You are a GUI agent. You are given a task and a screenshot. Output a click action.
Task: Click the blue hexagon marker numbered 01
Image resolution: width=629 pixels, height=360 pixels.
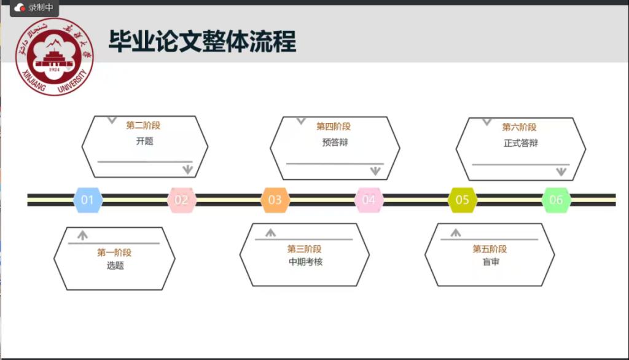(87, 200)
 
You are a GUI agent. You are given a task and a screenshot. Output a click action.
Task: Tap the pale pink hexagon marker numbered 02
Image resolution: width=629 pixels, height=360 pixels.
(181, 200)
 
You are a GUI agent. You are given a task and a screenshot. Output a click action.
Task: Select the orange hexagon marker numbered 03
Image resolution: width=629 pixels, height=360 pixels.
(275, 200)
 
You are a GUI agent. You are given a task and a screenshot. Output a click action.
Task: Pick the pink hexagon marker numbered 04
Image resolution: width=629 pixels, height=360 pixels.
(369, 200)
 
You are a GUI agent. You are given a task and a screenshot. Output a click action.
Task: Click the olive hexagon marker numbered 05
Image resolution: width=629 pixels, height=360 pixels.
(462, 200)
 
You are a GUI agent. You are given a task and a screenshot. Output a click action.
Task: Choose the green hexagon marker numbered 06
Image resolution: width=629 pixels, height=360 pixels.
(556, 200)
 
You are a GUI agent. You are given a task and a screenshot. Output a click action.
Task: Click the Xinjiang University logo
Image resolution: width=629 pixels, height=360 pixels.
(55, 57)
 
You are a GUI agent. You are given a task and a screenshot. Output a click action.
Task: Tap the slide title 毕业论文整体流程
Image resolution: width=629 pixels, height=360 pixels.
(203, 41)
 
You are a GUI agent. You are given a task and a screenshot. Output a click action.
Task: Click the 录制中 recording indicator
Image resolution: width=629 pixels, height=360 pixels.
(34, 7)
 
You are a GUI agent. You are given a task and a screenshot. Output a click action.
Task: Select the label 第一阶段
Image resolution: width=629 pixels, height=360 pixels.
(114, 252)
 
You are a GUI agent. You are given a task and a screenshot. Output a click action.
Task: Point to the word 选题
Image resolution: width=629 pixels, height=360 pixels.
(115, 265)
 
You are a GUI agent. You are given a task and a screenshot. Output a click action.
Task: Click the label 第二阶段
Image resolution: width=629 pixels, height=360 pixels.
(143, 125)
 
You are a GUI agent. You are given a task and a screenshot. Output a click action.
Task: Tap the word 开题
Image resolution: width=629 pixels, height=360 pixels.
(144, 141)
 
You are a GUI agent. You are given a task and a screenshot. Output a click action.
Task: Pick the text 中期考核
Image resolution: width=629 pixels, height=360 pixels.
(306, 262)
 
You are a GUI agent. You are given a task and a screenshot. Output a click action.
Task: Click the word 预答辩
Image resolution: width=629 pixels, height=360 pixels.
(335, 143)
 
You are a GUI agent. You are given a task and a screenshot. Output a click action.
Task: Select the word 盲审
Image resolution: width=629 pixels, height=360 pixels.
(491, 262)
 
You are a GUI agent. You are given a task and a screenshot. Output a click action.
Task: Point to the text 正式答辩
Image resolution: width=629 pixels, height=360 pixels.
(521, 143)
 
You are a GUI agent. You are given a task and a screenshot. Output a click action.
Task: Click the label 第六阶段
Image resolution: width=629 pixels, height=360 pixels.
(519, 127)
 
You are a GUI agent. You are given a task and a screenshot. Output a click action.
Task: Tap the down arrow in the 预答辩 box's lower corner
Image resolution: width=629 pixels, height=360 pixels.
(375, 171)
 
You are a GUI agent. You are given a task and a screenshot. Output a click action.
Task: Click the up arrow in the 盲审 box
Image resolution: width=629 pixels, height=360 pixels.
(456, 233)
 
